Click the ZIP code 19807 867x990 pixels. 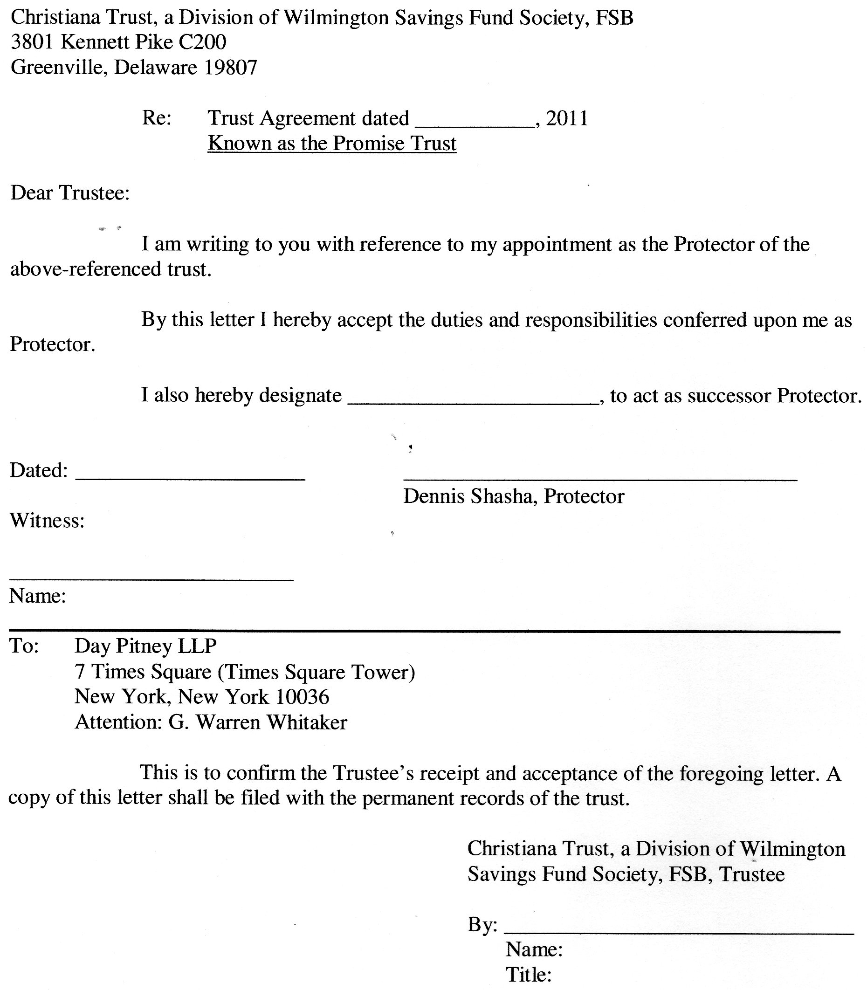point(230,67)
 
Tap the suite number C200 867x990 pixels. point(202,42)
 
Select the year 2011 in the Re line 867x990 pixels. point(567,118)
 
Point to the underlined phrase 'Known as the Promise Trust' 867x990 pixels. point(332,144)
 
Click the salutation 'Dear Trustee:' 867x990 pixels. point(70,193)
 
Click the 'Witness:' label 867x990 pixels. point(48,521)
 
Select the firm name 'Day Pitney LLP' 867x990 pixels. point(145,646)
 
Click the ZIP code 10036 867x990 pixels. point(303,697)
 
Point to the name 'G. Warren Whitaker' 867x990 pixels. point(257,722)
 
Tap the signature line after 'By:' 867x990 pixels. point(679,932)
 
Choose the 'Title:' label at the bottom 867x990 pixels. point(528,975)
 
